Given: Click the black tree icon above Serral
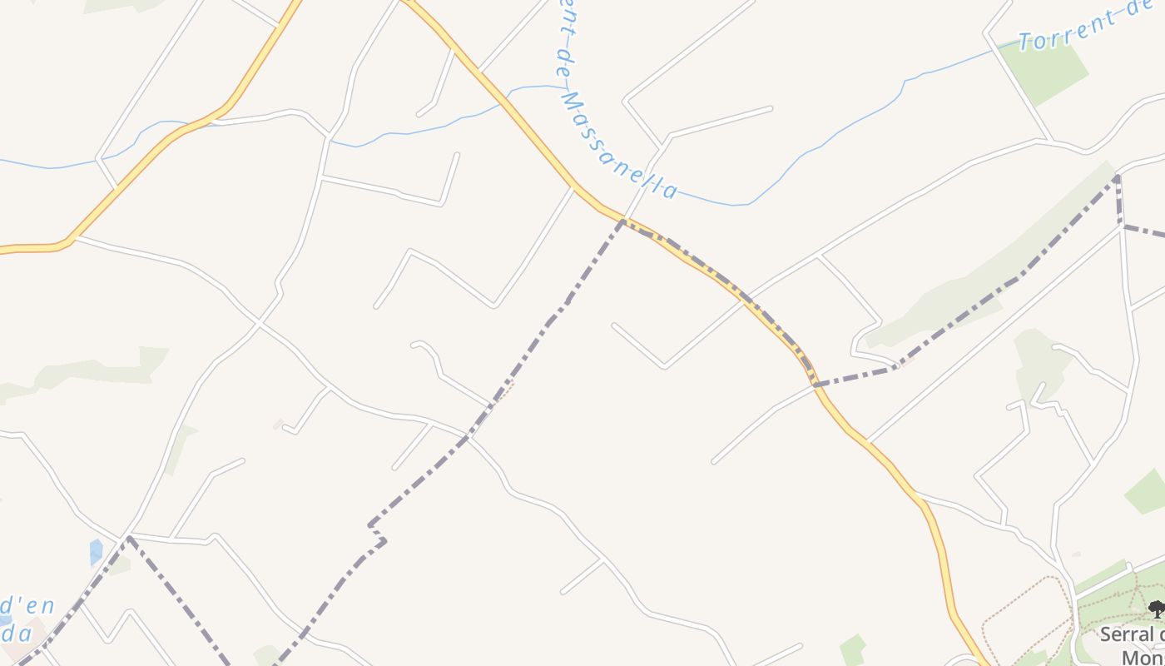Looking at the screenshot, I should pos(1156,609).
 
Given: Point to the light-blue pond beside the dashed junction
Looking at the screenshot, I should pos(96,551).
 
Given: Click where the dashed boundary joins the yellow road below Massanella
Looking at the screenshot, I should pos(622,221).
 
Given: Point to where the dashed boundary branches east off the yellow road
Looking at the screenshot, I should pos(816,385).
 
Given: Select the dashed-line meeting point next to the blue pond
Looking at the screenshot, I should pos(128,539).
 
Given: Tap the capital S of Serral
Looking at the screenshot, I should pos(1106,635).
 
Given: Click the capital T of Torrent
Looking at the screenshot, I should pos(1025,42).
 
